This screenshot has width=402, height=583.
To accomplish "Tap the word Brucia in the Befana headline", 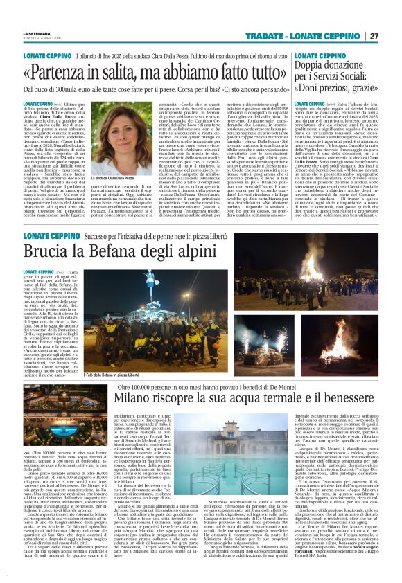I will [x=48, y=253].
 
